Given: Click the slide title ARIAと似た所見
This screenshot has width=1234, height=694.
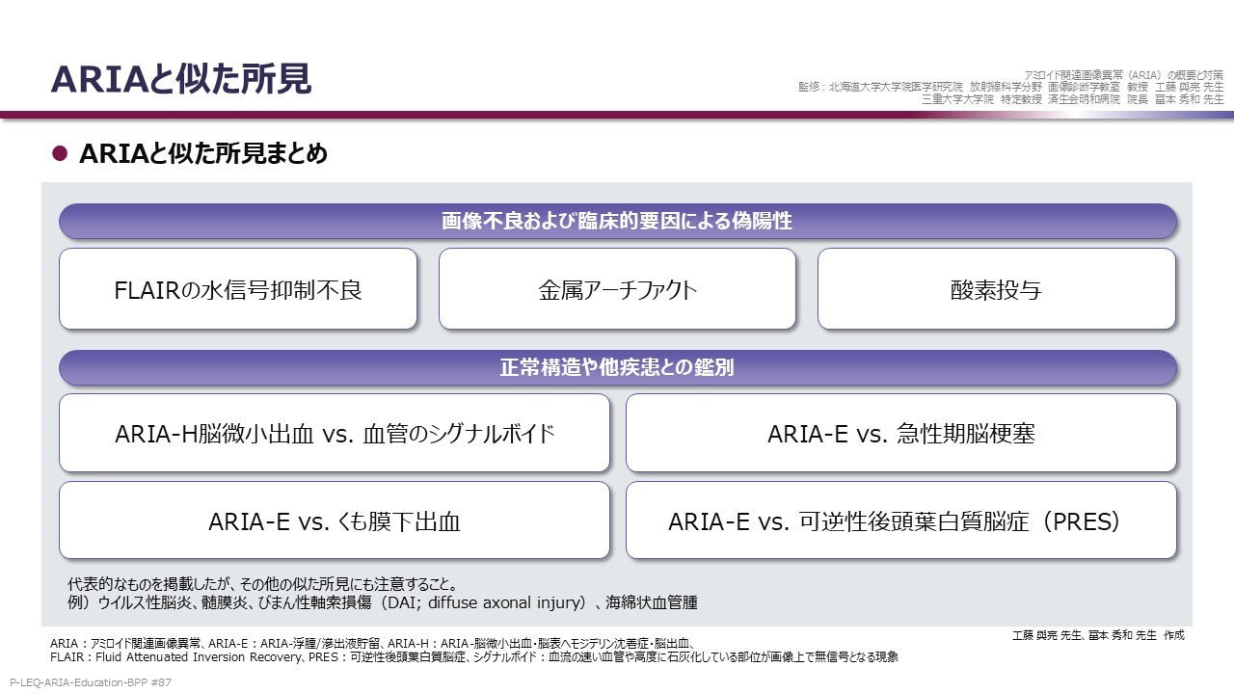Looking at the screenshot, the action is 180,79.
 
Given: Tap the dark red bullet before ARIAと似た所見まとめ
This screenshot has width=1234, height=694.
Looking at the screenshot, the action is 60,153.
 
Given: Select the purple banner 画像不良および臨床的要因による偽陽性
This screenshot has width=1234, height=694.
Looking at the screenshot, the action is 618,221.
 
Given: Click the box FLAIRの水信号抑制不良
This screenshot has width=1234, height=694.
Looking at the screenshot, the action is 238,289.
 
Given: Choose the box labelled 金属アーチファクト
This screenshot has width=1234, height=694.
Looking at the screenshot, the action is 618,289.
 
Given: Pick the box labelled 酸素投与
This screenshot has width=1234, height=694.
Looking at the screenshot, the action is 997,289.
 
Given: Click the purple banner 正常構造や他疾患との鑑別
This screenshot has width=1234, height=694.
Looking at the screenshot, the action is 618,367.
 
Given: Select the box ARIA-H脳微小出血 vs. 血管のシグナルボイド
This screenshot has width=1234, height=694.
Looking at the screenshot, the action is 335,433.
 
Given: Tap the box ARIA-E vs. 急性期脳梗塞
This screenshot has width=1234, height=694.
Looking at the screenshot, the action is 900,433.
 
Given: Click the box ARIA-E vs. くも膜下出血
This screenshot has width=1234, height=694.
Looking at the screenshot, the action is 335,520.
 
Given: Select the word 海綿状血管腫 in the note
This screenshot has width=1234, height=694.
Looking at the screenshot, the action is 652,602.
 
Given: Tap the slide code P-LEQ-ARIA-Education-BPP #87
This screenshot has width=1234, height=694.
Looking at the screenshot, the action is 91,682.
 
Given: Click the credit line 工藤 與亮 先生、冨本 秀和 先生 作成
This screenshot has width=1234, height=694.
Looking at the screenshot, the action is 1098,635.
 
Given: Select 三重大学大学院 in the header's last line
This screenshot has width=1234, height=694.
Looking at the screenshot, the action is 958,99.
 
